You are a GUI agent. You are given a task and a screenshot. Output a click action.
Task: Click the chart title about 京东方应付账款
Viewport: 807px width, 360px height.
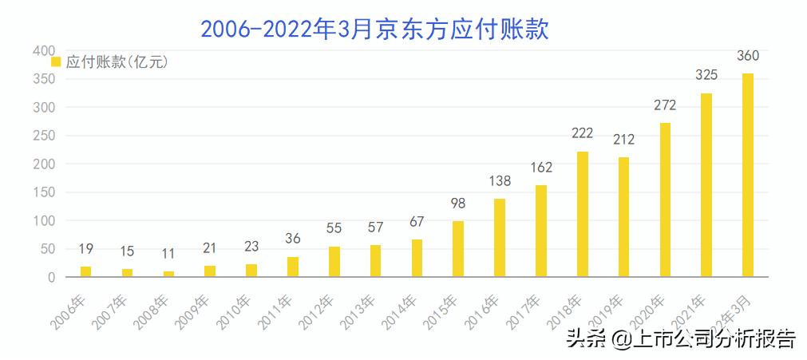point(374,30)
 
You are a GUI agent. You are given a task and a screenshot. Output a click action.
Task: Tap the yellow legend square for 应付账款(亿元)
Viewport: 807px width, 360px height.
point(56,61)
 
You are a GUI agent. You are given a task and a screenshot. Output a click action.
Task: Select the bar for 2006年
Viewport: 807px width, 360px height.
point(85,271)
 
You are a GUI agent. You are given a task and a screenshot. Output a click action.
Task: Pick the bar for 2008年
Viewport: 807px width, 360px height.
point(168,274)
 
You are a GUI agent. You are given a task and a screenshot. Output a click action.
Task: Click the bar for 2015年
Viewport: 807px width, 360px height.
point(458,249)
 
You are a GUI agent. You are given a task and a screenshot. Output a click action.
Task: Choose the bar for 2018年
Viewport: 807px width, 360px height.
point(583,214)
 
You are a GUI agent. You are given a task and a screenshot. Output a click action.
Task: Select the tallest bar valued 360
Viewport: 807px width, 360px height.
point(748,176)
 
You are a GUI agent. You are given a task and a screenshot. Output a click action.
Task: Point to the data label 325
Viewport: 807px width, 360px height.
point(706,75)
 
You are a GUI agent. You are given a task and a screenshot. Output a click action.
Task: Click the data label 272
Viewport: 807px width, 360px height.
point(665,105)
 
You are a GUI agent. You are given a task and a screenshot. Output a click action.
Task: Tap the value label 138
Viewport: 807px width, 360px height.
point(500,181)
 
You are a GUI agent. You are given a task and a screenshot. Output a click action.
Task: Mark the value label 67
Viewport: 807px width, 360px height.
point(417,221)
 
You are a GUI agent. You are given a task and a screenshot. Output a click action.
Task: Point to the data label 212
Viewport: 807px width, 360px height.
point(624,140)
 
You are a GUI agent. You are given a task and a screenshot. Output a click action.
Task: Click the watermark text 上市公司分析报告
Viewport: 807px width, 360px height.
point(715,339)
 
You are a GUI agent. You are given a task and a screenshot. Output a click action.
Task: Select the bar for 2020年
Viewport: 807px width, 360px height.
point(665,200)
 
